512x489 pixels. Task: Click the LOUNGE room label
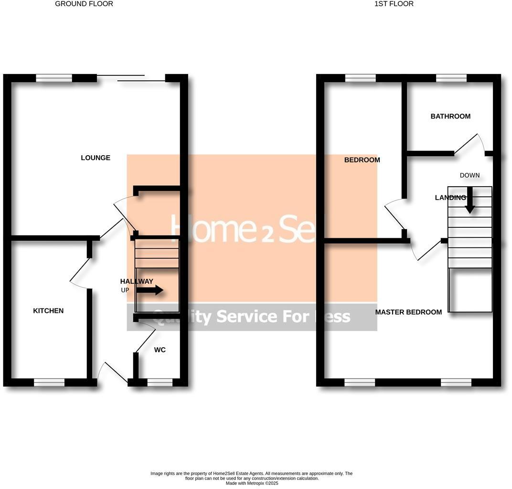click(96, 158)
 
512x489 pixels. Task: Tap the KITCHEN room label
click(48, 311)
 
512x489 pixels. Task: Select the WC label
click(160, 350)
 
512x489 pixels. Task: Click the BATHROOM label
click(450, 117)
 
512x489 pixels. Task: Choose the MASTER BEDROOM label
click(408, 312)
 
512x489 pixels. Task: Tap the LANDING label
click(450, 198)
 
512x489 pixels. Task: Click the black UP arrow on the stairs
click(150, 290)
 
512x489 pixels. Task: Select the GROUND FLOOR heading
click(84, 4)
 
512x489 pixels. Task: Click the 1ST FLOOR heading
click(394, 4)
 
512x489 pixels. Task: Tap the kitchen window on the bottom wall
click(49, 382)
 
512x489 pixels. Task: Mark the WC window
click(160, 382)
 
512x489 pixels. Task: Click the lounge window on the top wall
click(54, 78)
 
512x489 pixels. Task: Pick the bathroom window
click(451, 78)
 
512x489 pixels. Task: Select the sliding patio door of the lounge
click(131, 78)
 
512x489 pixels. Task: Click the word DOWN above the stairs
click(469, 175)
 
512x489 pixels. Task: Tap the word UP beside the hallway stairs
click(125, 290)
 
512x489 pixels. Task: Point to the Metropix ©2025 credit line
click(252, 483)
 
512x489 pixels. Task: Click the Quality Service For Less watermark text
click(252, 317)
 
